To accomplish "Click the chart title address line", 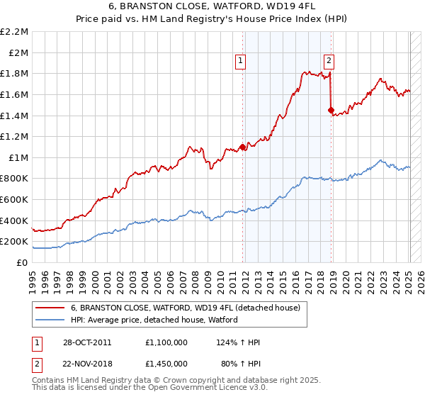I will tap(212, 6).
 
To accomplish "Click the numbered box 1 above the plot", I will tap(241, 62).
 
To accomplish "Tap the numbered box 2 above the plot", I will tap(330, 62).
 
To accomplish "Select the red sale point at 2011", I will tap(243, 147).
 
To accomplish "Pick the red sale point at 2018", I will tap(331, 110).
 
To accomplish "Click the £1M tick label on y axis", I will tap(18, 157).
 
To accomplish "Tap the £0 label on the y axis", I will tap(22, 262).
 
